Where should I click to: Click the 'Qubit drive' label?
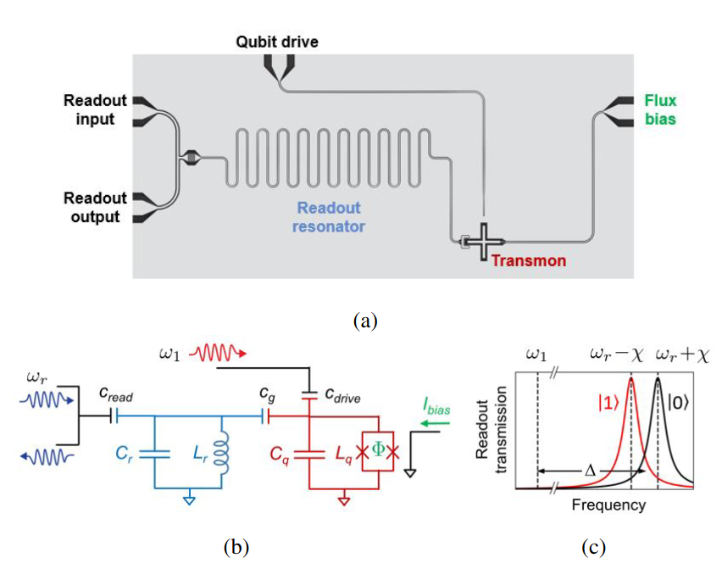coord(277,42)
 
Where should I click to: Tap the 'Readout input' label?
coord(95,109)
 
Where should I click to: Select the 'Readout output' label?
coord(95,207)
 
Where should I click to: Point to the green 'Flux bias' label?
coord(660,109)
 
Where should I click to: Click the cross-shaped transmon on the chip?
coord(483,242)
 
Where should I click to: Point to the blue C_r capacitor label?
coord(125,452)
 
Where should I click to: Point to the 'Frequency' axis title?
coord(608,505)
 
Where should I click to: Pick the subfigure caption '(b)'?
coord(236,547)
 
